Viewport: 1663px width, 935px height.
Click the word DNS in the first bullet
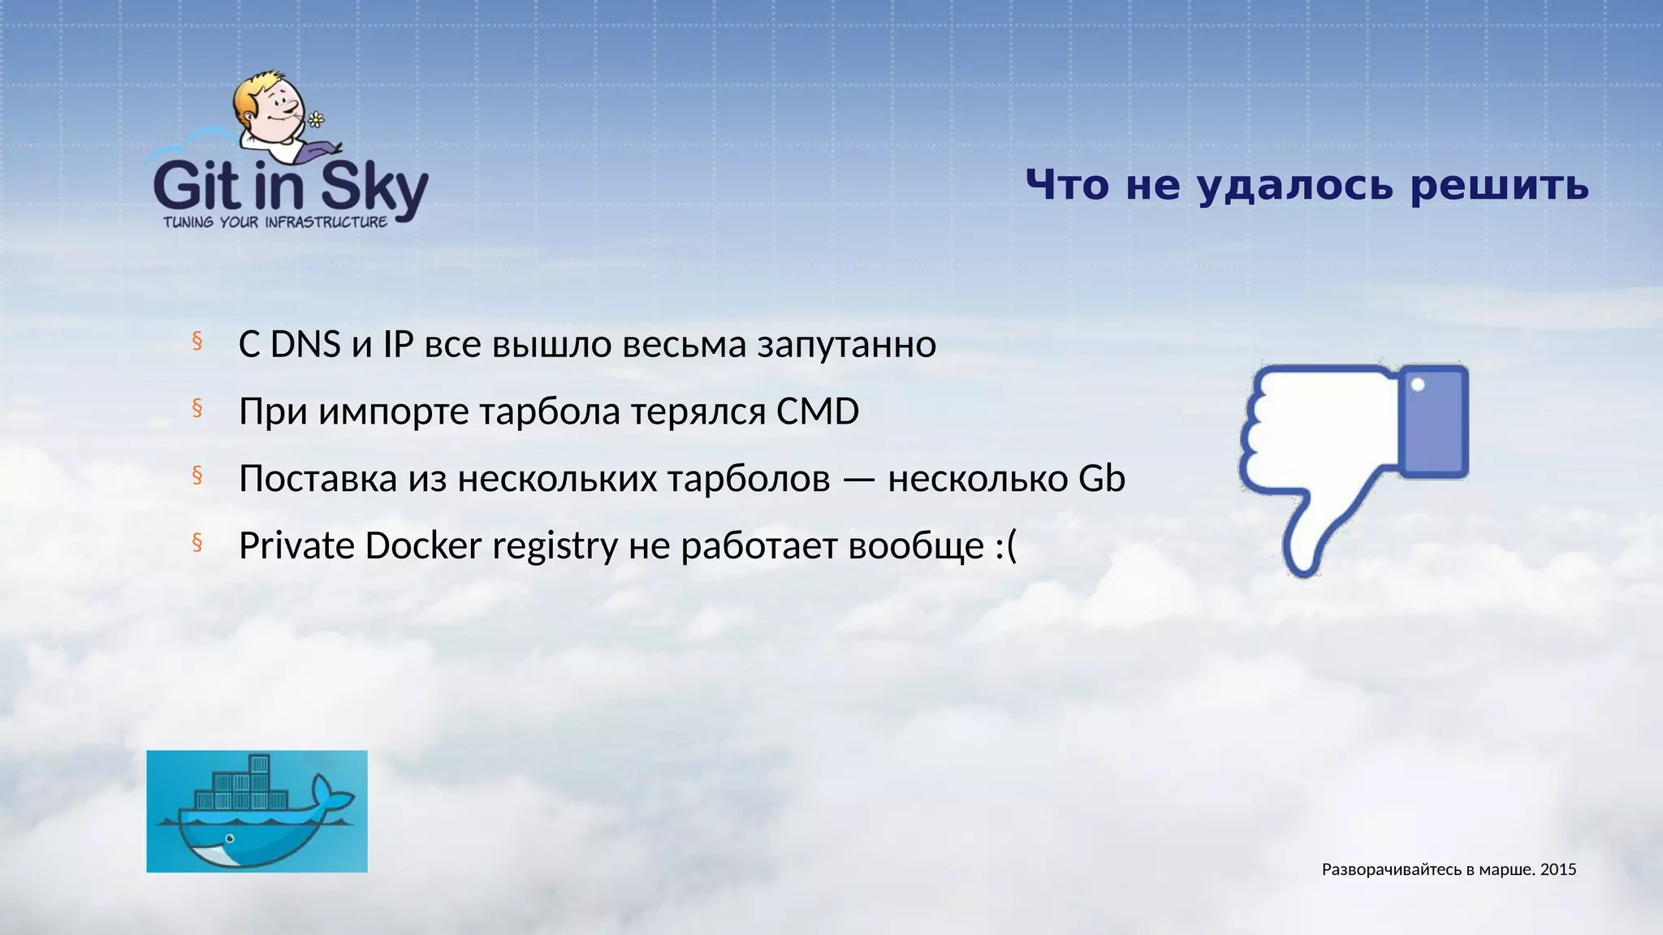click(305, 345)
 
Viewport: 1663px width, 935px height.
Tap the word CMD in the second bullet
click(817, 411)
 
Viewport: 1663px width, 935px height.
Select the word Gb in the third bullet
click(1101, 479)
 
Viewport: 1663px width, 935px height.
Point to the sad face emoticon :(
click(1005, 546)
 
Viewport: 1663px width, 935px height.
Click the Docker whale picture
click(257, 812)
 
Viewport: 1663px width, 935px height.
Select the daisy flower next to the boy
click(316, 120)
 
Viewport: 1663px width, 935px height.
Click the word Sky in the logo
click(374, 188)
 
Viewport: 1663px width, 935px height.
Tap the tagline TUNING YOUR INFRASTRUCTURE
click(275, 222)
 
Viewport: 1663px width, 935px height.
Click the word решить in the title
click(1499, 185)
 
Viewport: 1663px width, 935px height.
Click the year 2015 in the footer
click(1558, 870)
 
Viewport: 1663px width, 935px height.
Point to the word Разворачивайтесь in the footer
click(1392, 870)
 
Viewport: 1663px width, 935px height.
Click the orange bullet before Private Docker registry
click(197, 542)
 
